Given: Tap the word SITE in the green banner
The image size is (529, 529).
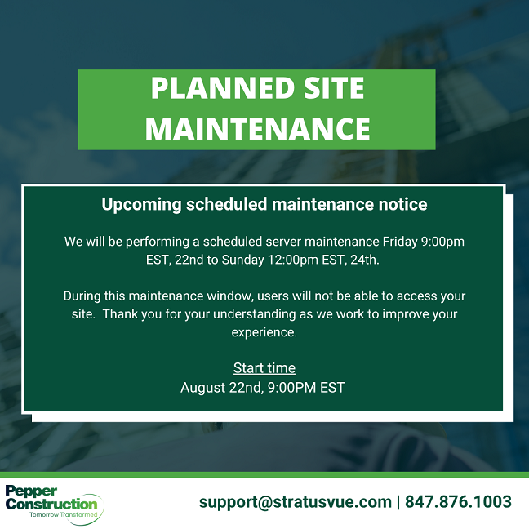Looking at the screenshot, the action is [x=334, y=88].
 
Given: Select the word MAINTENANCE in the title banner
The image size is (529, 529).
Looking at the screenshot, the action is [x=258, y=128].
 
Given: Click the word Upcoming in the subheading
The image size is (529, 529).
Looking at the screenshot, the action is [x=142, y=205].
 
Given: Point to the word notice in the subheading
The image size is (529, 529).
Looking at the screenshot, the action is [x=402, y=204].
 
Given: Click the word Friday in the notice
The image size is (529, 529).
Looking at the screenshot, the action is [x=400, y=242].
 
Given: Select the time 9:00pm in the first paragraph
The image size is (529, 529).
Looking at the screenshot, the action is [x=442, y=242].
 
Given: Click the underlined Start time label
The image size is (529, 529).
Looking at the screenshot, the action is [x=264, y=368].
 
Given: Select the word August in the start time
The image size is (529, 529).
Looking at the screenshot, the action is [x=202, y=388].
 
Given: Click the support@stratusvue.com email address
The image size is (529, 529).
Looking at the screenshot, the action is [x=296, y=502].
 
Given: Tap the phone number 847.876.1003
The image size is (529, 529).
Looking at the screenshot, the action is [x=458, y=502].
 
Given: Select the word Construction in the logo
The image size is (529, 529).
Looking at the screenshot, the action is [x=51, y=504].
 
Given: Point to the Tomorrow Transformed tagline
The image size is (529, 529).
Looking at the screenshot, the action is [x=64, y=515].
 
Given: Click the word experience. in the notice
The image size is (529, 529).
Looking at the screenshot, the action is [x=264, y=332].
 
